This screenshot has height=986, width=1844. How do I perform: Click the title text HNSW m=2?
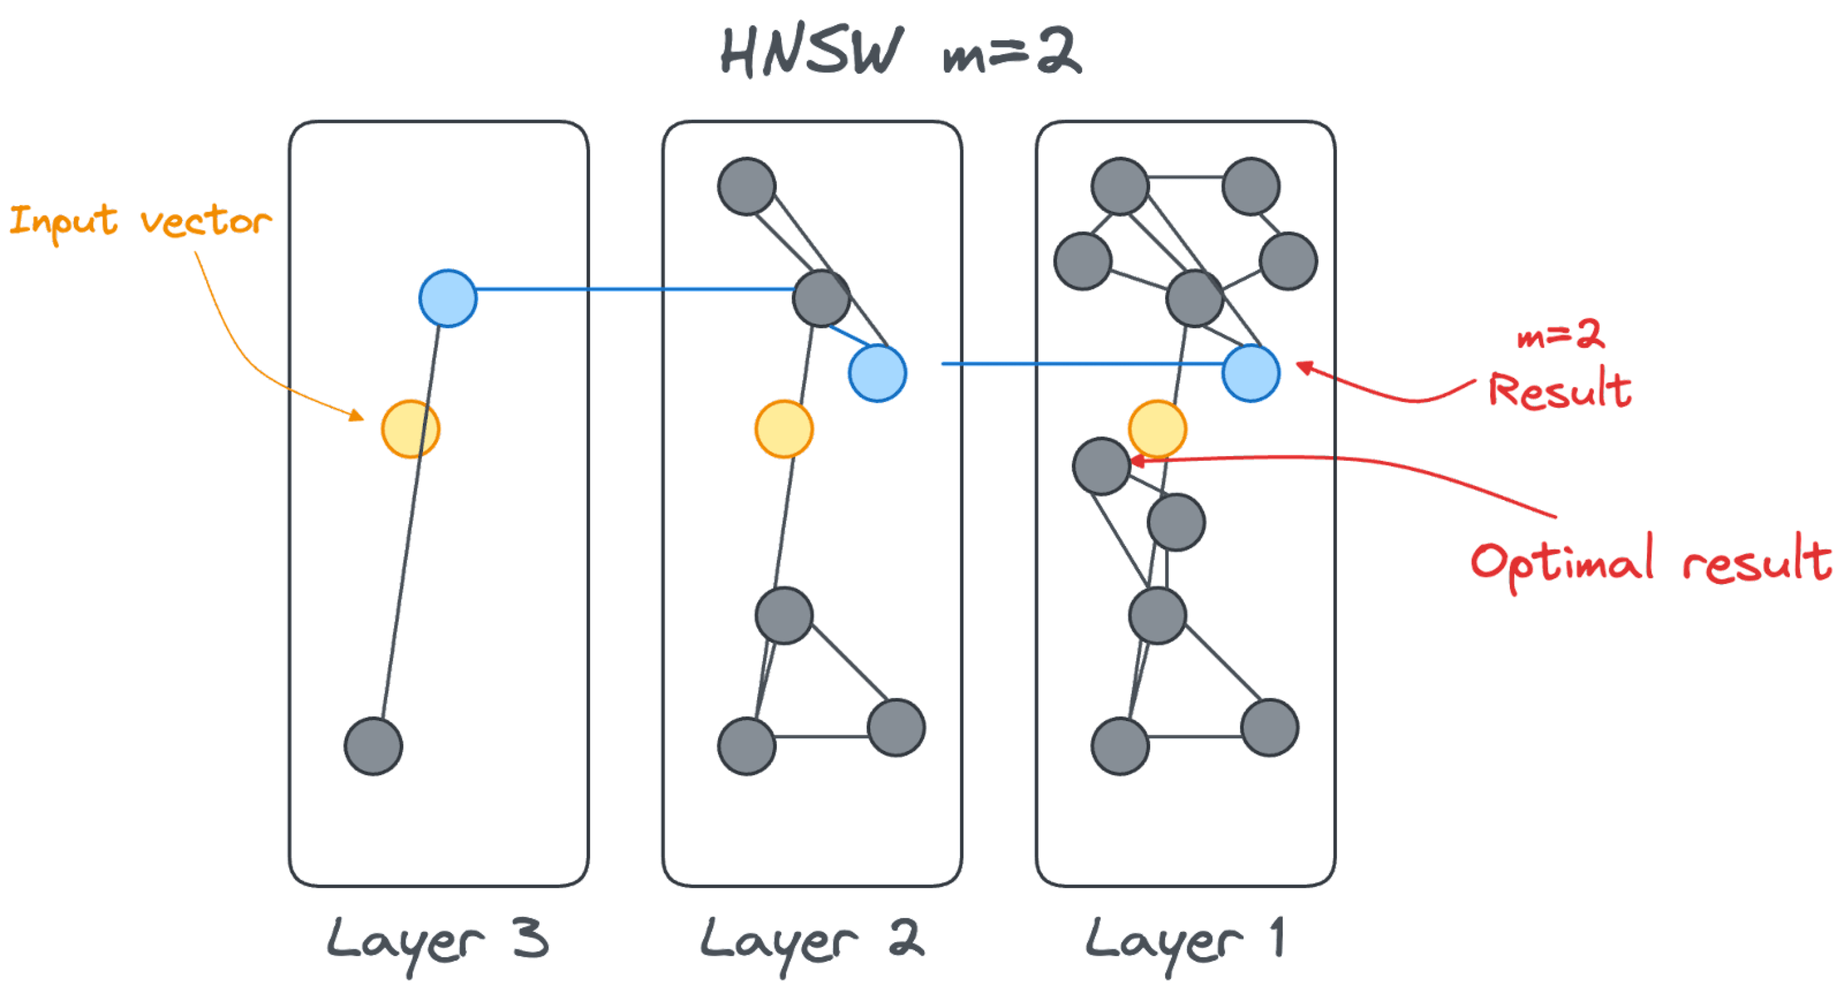click(x=901, y=51)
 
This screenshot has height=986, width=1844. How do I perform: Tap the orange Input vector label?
click(x=139, y=221)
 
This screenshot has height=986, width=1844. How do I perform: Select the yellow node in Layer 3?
click(x=410, y=428)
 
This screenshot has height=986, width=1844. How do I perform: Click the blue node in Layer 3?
click(x=447, y=298)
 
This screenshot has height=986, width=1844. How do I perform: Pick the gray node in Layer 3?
click(x=373, y=746)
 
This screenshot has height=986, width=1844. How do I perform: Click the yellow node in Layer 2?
click(x=784, y=428)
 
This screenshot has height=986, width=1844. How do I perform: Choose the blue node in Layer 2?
click(x=878, y=373)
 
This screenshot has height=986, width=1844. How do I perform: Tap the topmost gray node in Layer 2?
click(x=747, y=186)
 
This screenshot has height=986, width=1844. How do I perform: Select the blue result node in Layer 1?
click(x=1250, y=373)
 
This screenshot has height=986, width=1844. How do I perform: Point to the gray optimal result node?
click(x=1101, y=466)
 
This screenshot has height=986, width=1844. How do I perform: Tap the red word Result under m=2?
click(x=1560, y=390)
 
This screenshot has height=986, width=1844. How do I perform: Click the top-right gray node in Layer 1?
click(x=1250, y=186)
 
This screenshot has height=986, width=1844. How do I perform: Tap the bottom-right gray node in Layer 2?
click(x=896, y=727)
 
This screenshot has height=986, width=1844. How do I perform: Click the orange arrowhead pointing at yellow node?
click(x=358, y=416)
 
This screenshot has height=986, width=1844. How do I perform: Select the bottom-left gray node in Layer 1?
click(x=1120, y=746)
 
